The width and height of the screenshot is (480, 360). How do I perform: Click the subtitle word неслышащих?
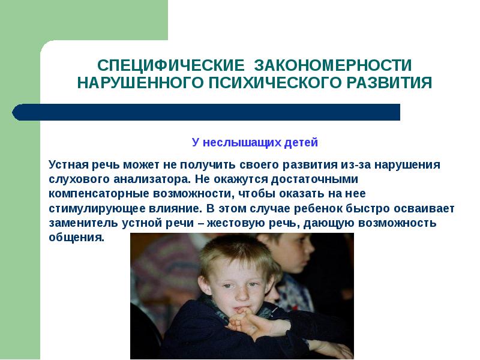coord(234,142)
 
